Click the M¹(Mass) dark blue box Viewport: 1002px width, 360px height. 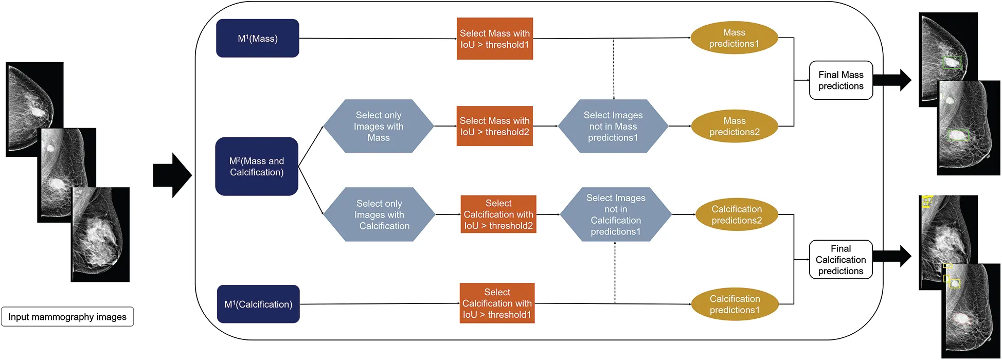coord(257,39)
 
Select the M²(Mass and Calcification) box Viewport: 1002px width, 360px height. coord(257,167)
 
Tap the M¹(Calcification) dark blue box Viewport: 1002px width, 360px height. coord(258,304)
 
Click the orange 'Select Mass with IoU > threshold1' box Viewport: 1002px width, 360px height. coord(494,39)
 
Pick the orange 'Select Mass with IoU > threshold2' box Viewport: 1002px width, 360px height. coord(494,126)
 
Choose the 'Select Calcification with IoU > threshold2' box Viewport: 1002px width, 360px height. coord(498,214)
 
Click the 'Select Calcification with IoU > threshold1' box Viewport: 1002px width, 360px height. coord(497,303)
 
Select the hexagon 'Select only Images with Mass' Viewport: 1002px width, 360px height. coord(379,126)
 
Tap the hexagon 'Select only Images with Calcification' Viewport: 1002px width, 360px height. coord(380,214)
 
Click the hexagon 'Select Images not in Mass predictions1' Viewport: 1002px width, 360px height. coord(613,126)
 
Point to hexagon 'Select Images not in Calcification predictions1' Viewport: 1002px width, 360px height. coord(616,214)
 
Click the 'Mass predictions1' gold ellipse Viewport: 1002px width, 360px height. coord(734,38)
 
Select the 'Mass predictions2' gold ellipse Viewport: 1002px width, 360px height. coord(734,126)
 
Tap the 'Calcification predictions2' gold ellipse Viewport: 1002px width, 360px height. coord(736,214)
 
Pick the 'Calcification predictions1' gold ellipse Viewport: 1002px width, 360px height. coord(735,304)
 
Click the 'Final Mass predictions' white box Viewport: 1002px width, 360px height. coord(840,80)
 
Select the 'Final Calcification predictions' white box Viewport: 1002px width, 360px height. coord(840,259)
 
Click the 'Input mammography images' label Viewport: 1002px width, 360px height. coord(67,317)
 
